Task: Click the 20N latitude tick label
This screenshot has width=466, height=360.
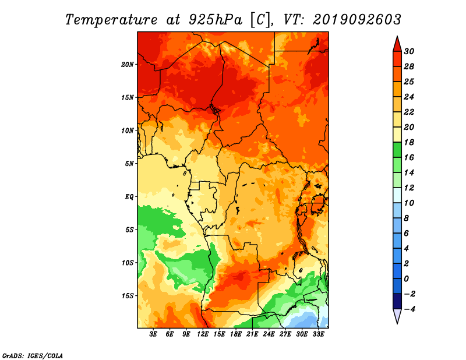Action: (x=128, y=65)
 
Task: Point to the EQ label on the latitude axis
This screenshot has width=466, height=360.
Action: (x=129, y=197)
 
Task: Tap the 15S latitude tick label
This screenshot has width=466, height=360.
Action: (x=128, y=296)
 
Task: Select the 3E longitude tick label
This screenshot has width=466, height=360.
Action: (x=153, y=334)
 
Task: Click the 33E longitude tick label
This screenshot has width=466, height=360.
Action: (x=318, y=334)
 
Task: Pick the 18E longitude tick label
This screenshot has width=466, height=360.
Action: (x=236, y=334)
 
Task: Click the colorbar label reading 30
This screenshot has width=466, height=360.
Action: (x=409, y=51)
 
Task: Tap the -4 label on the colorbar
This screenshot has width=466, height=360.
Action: (x=409, y=309)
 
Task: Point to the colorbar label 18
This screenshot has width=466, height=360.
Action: (x=409, y=142)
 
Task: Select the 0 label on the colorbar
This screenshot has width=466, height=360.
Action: (x=407, y=279)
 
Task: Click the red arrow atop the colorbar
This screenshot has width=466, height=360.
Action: (x=397, y=44)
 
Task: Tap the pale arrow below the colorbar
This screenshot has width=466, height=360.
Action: (x=397, y=316)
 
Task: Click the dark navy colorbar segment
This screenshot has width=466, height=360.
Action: (x=397, y=301)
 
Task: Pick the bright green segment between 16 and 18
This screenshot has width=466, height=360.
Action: (x=397, y=150)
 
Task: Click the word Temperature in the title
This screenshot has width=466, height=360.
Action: (x=111, y=20)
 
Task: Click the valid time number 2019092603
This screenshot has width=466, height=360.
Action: (x=357, y=20)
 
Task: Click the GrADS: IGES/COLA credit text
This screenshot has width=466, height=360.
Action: (x=33, y=356)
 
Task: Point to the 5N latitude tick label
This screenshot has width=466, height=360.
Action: (x=129, y=164)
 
